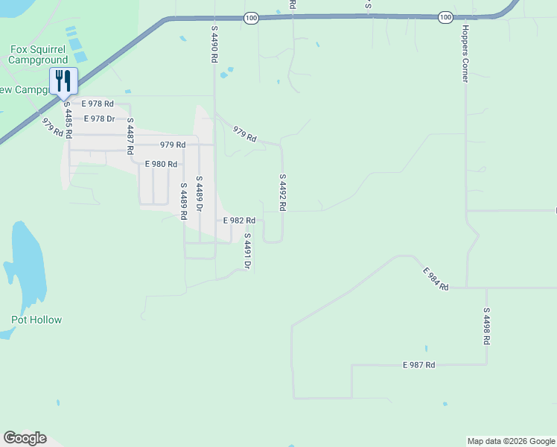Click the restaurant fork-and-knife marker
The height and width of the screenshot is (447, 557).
pos(63,80)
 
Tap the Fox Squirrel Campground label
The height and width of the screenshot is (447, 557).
pos(39,54)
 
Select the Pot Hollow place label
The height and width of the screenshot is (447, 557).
pos(36,320)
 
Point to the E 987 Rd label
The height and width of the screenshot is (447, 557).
pos(418,365)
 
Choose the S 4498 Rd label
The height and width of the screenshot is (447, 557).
pos(486,326)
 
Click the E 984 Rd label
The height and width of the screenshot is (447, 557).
pos(436,279)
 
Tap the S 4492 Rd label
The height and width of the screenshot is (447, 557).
pos(283,193)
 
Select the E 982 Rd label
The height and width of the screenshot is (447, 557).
pos(240,221)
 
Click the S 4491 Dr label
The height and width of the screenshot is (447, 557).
pos(247,250)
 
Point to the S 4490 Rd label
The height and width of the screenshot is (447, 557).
pos(214,44)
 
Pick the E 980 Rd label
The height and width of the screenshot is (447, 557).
pos(161,164)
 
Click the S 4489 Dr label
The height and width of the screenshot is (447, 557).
pos(200,194)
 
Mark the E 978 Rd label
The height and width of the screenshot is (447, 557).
pos(98,104)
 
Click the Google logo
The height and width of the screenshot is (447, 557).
pos(25,438)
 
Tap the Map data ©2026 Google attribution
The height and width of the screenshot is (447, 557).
pos(511,441)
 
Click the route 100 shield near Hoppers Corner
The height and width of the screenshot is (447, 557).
pos(445,17)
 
